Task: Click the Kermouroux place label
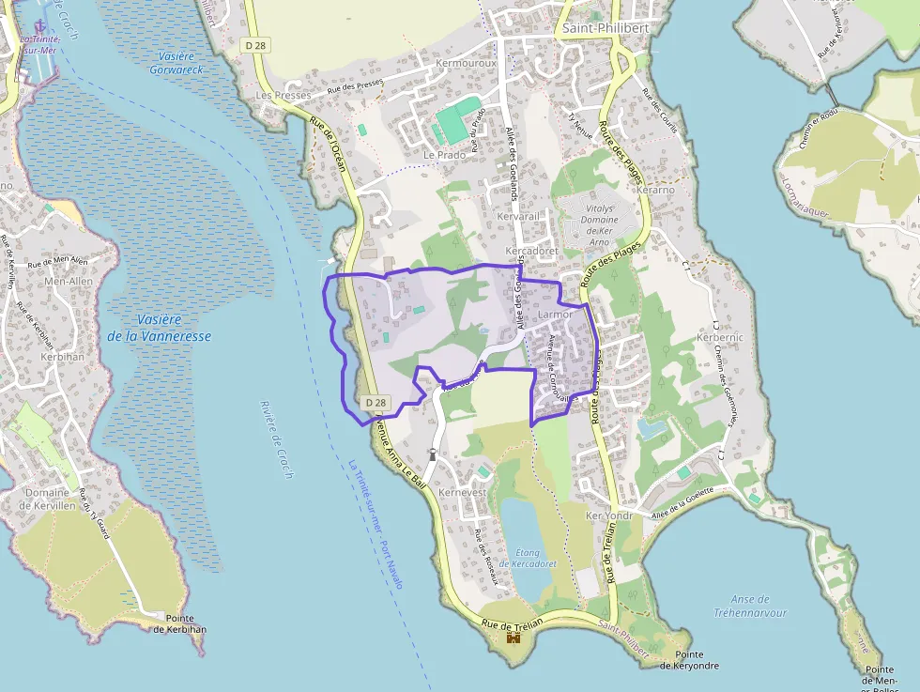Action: click(466, 63)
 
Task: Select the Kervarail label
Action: click(519, 217)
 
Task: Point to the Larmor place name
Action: click(556, 315)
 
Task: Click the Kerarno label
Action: click(655, 190)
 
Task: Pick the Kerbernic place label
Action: click(720, 337)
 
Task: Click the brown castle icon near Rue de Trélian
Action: click(514, 638)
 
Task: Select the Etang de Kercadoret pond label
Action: click(528, 558)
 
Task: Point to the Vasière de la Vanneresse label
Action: click(159, 328)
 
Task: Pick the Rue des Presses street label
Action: click(355, 87)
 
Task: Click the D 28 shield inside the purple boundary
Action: click(375, 402)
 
